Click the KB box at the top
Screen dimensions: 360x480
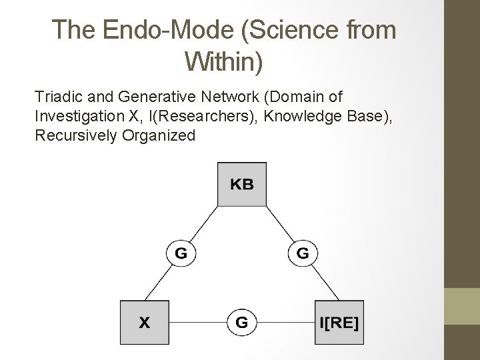pyautogui.click(x=242, y=185)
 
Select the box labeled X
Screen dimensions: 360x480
pyautogui.click(x=144, y=323)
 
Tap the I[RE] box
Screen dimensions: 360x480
pyautogui.click(x=339, y=323)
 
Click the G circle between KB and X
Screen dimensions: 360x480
pyautogui.click(x=181, y=253)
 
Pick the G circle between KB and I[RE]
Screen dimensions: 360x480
pyautogui.click(x=303, y=253)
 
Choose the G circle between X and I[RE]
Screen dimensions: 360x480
pyautogui.click(x=241, y=323)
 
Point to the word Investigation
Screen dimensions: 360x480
pyautogui.click(x=77, y=117)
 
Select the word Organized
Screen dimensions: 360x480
pyautogui.click(x=161, y=135)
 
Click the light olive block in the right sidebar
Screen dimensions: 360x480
pyautogui.click(x=462, y=306)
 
